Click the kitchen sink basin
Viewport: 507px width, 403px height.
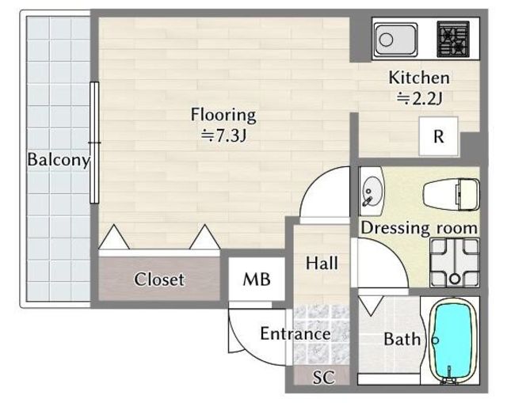point(396,40)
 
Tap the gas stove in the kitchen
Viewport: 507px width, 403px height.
point(453,39)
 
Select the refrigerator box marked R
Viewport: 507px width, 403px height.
point(438,136)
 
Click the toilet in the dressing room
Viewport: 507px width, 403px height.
point(452,195)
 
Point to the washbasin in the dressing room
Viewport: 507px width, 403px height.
point(372,192)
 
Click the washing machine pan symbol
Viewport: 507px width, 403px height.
point(454,263)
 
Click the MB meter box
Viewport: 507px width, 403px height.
point(257,279)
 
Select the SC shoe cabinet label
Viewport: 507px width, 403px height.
point(324,377)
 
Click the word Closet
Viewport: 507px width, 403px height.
point(159,279)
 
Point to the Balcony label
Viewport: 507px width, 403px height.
point(59,160)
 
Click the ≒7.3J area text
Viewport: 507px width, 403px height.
point(223,135)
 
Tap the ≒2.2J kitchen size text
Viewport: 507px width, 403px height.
point(419,98)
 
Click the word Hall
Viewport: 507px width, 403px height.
point(322,263)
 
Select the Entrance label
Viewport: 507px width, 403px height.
point(295,333)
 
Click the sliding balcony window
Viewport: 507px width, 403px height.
point(94,143)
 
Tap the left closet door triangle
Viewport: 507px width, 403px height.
point(114,237)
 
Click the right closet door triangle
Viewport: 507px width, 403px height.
point(204,237)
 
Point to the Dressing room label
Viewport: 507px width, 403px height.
point(419,228)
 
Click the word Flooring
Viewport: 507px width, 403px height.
point(223,115)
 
